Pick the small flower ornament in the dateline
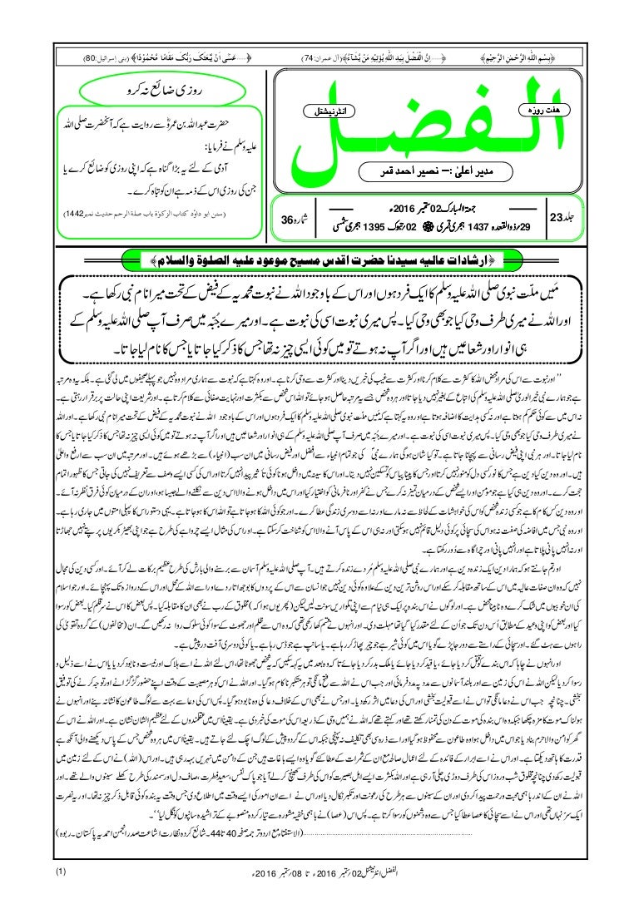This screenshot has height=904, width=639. coord(427,226)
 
